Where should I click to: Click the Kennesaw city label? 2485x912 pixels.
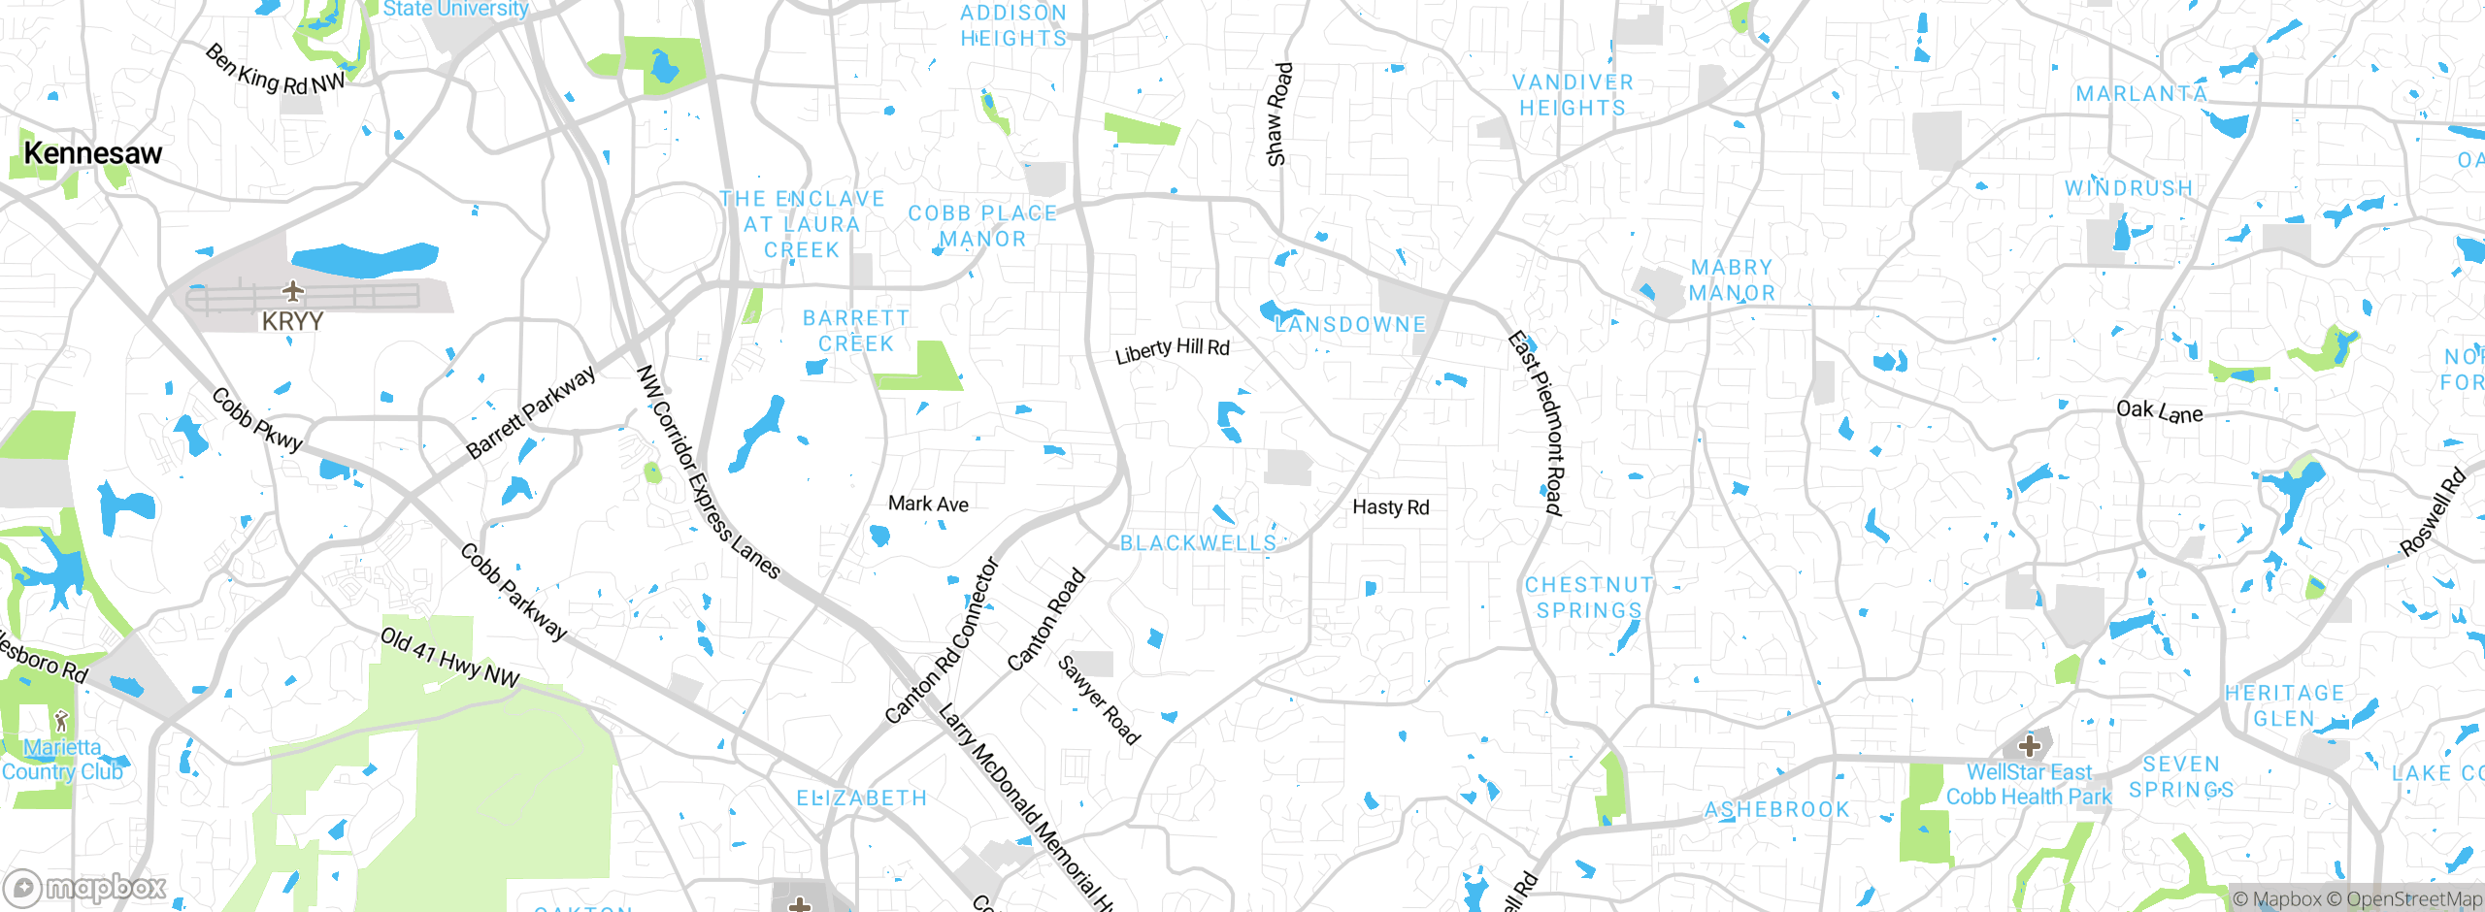pos(92,153)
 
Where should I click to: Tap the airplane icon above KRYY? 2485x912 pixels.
pos(292,290)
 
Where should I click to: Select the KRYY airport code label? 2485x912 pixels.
pos(292,321)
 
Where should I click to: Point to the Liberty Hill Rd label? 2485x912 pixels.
pos(1172,350)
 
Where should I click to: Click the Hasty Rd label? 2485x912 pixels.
pos(1390,507)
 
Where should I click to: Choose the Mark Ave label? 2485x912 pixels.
pos(928,504)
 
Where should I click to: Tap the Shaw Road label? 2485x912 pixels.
pos(1279,114)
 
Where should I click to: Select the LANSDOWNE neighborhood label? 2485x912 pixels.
pos(1349,325)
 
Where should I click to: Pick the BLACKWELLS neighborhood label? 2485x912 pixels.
pos(1198,543)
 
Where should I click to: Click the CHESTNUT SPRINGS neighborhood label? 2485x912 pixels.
pos(1588,598)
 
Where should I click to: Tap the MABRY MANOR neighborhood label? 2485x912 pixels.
pos(1732,279)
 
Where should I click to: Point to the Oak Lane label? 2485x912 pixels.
pos(2159,412)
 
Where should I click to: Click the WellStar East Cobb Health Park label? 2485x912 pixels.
pos(2029,785)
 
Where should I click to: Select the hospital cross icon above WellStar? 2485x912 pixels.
pos(2029,746)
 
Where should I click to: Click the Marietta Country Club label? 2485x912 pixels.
pos(62,760)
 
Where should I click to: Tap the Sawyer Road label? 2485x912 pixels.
pos(1098,700)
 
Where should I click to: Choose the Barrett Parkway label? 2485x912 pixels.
pos(531,411)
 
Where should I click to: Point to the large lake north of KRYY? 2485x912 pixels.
pos(364,259)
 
